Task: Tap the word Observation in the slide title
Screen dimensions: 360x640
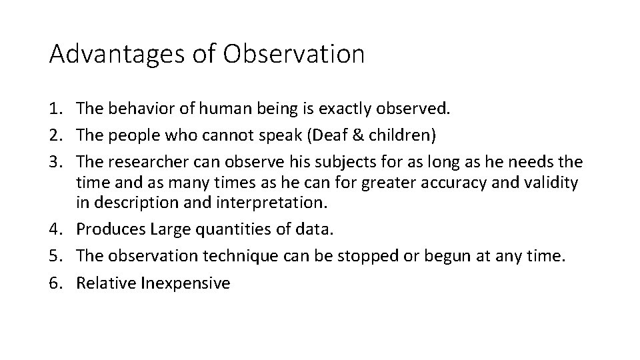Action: pyautogui.click(x=294, y=54)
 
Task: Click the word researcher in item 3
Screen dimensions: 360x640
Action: pyautogui.click(x=139, y=162)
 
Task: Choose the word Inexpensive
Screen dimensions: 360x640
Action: pyautogui.click(x=185, y=283)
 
